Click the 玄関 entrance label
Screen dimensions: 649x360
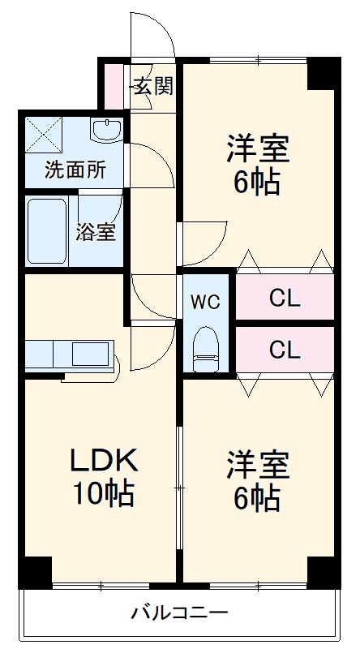point(153,86)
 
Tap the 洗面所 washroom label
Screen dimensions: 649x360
point(74,170)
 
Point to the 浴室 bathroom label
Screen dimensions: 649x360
point(96,231)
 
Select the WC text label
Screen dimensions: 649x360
point(205,302)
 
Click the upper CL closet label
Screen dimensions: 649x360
point(285,298)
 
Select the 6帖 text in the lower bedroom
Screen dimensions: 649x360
point(257,496)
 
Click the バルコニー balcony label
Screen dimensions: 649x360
point(180,612)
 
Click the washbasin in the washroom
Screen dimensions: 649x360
point(105,130)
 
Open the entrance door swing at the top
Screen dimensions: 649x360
point(154,37)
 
